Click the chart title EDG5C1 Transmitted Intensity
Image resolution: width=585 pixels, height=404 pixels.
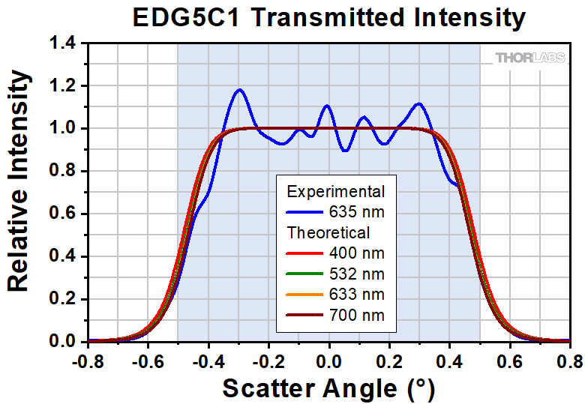point(329,17)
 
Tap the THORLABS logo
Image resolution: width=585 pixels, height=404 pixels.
point(530,58)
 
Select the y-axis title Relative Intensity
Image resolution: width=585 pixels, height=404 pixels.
point(18,181)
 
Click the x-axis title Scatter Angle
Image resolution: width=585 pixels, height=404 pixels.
point(328,388)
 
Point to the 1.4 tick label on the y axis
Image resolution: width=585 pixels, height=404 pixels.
point(63,43)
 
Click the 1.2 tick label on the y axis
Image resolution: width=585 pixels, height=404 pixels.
point(63,86)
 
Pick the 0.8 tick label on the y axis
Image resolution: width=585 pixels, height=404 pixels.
point(63,171)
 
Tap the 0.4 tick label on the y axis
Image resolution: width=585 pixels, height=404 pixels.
point(63,256)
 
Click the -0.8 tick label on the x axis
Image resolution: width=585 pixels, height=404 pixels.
point(88,361)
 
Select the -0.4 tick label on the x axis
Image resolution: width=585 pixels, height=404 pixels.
point(208,361)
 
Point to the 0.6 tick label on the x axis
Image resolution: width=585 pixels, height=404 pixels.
point(510,361)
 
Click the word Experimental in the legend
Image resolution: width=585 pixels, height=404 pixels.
point(336,192)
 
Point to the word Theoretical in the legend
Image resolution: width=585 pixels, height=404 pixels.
point(328,232)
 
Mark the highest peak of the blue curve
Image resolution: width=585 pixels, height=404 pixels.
point(239,89)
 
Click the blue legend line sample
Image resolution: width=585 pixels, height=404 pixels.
point(304,212)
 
